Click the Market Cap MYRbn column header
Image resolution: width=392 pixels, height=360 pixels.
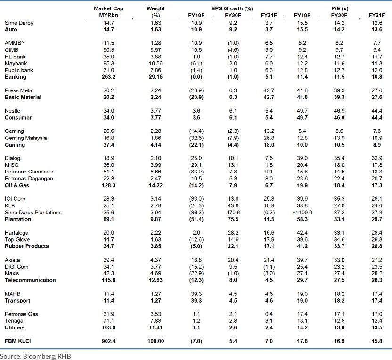108,12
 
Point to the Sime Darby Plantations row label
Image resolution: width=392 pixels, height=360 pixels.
33,213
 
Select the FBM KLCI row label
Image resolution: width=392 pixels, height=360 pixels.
18,341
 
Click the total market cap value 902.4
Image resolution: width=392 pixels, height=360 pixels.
108,341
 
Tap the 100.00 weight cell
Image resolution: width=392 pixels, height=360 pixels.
155,341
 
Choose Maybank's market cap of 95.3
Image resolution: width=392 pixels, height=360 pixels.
108,63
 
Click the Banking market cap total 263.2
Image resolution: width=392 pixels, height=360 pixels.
108,77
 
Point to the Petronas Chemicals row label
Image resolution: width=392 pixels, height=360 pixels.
29,172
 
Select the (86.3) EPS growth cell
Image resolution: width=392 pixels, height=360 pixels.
197,213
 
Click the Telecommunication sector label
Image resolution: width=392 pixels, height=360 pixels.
30,280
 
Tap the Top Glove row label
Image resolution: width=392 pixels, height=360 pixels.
17,239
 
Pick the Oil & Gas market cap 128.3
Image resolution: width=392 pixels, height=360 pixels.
108,185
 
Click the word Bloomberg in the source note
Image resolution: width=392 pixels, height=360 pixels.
37,356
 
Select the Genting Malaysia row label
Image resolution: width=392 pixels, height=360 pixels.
25,138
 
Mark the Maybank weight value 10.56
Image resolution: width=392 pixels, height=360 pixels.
155,63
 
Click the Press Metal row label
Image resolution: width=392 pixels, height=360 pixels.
19,90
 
